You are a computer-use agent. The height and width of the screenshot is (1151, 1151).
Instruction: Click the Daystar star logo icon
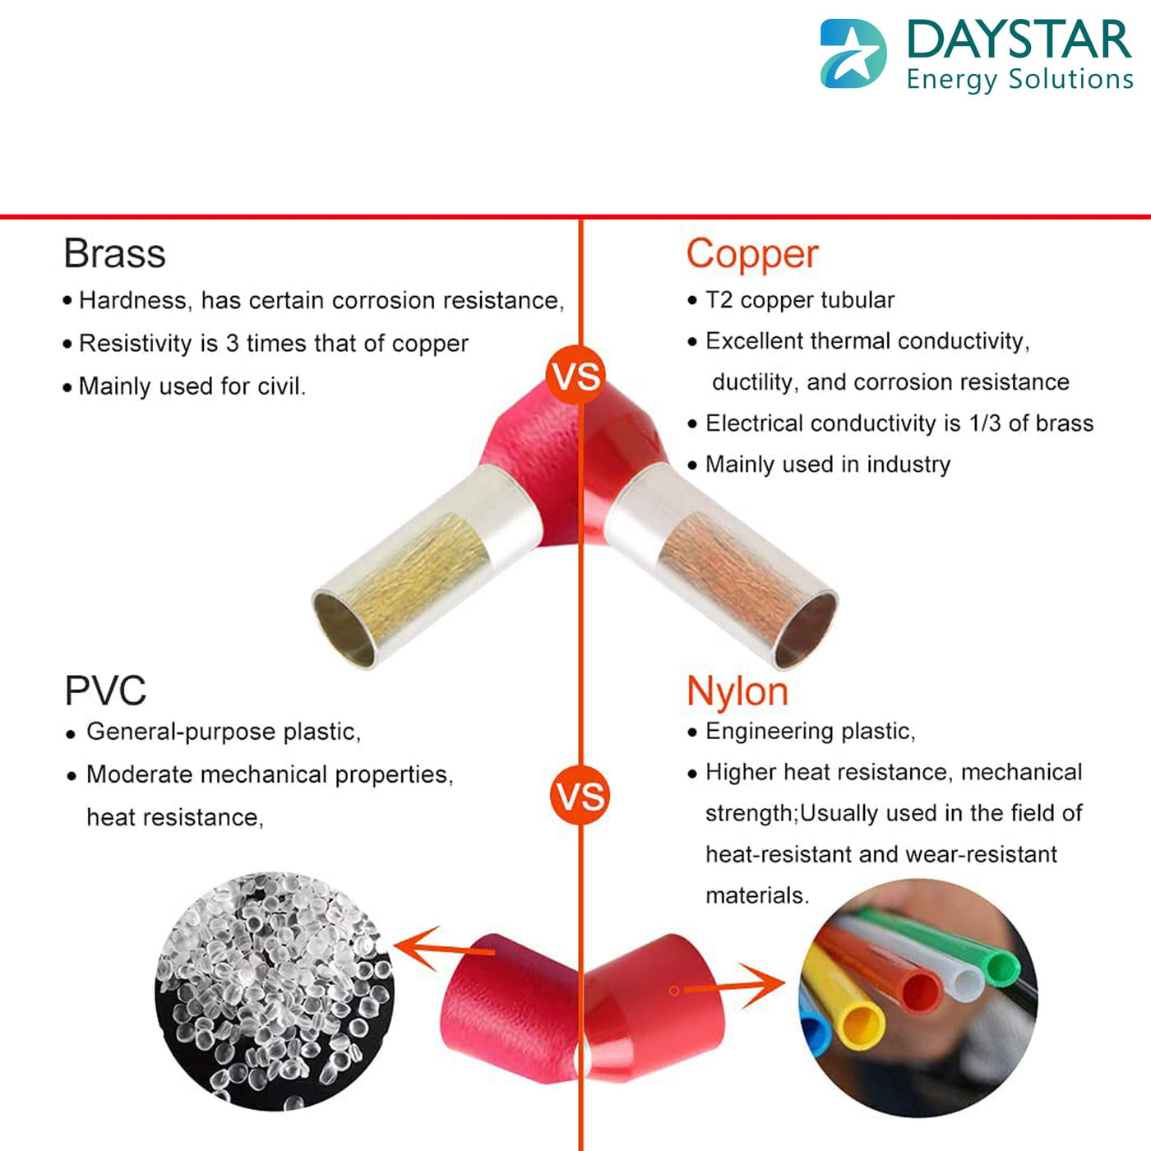[x=853, y=54]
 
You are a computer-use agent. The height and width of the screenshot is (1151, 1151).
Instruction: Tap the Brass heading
[x=114, y=253]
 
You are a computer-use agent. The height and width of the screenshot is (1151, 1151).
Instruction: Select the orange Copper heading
[x=752, y=254]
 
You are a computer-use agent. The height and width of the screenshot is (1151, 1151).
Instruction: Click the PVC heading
[x=105, y=691]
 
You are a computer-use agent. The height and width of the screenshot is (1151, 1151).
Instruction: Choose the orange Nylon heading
[x=737, y=691]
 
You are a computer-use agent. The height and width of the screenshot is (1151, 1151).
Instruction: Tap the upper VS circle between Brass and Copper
[x=576, y=376]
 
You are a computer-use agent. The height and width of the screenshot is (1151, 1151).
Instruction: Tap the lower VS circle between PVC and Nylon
[x=580, y=796]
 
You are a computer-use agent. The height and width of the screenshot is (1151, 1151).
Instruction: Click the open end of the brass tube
[x=344, y=629]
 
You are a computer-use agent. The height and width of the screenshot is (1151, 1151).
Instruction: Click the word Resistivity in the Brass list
[x=136, y=344]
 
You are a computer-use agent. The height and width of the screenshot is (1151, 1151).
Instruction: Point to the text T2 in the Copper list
[x=719, y=300]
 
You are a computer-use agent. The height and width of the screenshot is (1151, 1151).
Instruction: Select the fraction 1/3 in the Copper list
[x=984, y=423]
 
